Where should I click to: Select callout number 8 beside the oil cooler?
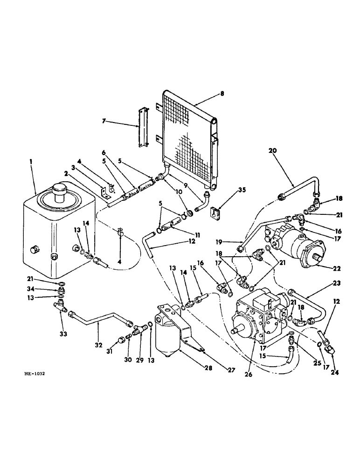point(222,93)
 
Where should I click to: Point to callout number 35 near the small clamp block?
point(228,190)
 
